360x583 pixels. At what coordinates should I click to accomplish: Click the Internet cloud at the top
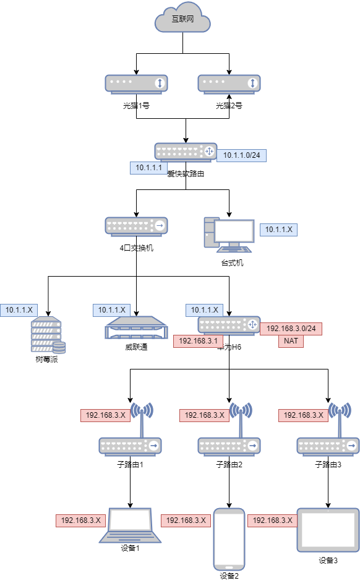(182, 20)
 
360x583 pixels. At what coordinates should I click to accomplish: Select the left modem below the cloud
(136, 84)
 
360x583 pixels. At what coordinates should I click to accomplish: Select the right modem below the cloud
(229, 84)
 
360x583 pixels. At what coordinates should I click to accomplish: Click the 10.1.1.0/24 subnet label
(241, 155)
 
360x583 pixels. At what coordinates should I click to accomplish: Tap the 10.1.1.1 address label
(148, 168)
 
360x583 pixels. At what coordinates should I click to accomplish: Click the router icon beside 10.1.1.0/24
(186, 152)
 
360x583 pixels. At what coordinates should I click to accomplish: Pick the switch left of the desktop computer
(136, 226)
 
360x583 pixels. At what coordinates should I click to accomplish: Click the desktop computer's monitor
(234, 231)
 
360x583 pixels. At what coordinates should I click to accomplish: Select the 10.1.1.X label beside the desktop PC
(278, 230)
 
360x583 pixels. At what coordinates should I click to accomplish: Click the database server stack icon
(48, 334)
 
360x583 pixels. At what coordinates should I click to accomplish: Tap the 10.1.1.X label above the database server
(19, 310)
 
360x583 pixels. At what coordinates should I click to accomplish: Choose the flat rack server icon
(136, 328)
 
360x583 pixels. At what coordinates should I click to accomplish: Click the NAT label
(291, 341)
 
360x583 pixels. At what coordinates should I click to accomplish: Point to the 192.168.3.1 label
(198, 341)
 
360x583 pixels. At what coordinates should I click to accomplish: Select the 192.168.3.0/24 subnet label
(291, 329)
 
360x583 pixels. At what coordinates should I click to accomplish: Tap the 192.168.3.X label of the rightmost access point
(303, 415)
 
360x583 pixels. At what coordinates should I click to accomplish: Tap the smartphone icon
(229, 539)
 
